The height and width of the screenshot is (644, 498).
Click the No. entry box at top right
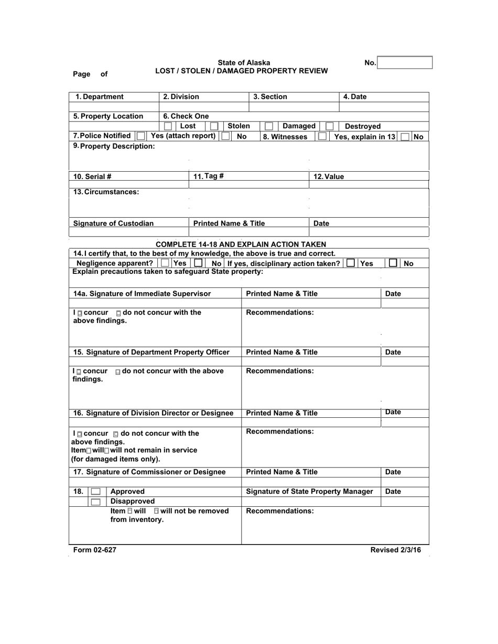click(x=405, y=63)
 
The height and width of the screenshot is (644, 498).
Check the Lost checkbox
click(x=168, y=126)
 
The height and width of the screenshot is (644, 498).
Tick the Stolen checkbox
click(x=214, y=126)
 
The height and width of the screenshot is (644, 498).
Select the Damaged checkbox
click(x=268, y=126)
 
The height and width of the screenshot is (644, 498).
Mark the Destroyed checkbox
click(x=329, y=126)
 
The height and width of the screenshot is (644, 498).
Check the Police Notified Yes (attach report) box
click(x=140, y=136)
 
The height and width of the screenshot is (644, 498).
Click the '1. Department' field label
click(x=100, y=97)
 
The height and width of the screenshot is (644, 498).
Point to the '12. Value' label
click(x=328, y=176)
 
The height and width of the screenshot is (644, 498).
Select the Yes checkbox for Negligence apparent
click(x=165, y=263)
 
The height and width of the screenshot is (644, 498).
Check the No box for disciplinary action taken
click(x=393, y=263)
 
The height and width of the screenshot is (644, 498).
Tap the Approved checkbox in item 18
click(x=95, y=492)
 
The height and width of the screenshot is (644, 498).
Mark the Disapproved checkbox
click(x=95, y=502)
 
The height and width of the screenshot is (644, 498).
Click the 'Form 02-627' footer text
click(x=95, y=550)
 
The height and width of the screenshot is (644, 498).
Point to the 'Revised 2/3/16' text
click(x=395, y=550)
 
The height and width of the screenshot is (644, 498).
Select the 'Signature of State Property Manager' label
click(x=309, y=492)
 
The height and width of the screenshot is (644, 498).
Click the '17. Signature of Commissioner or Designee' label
click(x=149, y=472)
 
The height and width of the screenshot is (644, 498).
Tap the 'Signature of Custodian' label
click(x=113, y=224)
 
